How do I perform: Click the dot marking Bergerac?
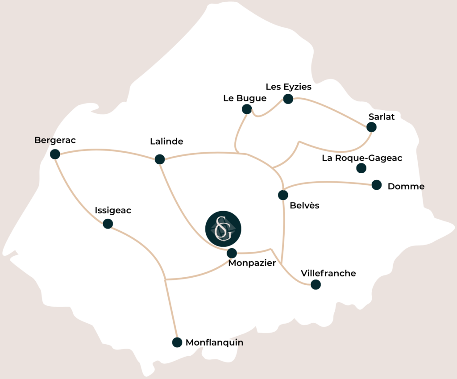(x=55, y=154)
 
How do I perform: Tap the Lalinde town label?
(x=166, y=142)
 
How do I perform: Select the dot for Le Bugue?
(x=247, y=109)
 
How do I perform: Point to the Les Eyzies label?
(x=288, y=87)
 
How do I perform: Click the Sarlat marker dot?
(x=371, y=127)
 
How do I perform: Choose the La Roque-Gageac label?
(x=362, y=158)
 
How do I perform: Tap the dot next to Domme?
(x=377, y=185)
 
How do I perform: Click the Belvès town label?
(x=305, y=206)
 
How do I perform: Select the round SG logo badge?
(x=223, y=229)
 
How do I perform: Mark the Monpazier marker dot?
(x=232, y=253)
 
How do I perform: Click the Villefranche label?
(x=328, y=273)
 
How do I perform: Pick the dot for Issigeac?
(x=108, y=224)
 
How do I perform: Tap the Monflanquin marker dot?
(x=177, y=342)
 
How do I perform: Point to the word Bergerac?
(x=55, y=140)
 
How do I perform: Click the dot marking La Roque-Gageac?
(x=361, y=168)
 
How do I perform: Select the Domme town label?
(x=406, y=186)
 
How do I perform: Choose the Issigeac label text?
(x=113, y=210)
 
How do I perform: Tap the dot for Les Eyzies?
(x=288, y=99)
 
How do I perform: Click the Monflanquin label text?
(x=215, y=343)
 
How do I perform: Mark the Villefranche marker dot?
(x=316, y=284)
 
